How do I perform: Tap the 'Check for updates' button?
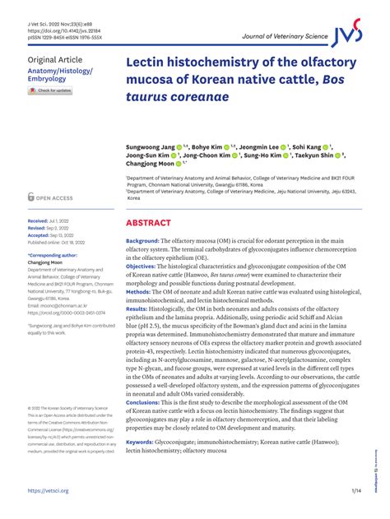pyautogui.click(x=50, y=90)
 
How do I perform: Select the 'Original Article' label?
pyautogui.click(x=55, y=60)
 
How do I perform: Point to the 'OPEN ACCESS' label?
pyautogui.click(x=54, y=198)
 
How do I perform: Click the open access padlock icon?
pyautogui.click(x=31, y=197)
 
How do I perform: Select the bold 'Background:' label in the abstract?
pyautogui.click(x=148, y=241)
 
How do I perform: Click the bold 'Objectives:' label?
pyautogui.click(x=146, y=267)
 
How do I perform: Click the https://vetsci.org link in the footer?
pyautogui.click(x=48, y=491)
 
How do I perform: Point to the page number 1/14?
pyautogui.click(x=356, y=491)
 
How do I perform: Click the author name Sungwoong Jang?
pyautogui.click(x=151, y=146)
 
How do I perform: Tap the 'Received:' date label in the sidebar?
pyautogui.click(x=38, y=222)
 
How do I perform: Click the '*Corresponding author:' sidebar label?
pyautogui.click(x=53, y=256)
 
